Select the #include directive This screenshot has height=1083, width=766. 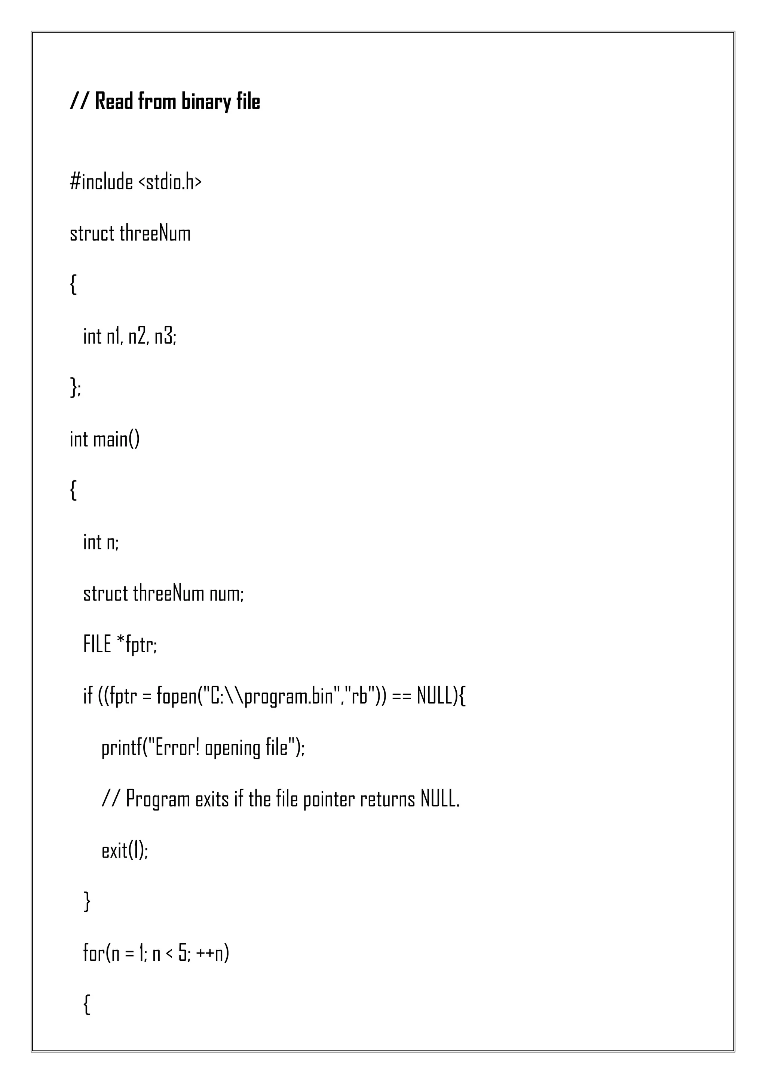pos(101,182)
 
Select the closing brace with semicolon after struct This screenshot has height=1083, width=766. pos(76,388)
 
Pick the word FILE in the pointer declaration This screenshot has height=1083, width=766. pos(97,644)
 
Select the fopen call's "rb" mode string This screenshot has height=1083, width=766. pos(360,696)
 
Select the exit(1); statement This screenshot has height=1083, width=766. pos(125,850)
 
